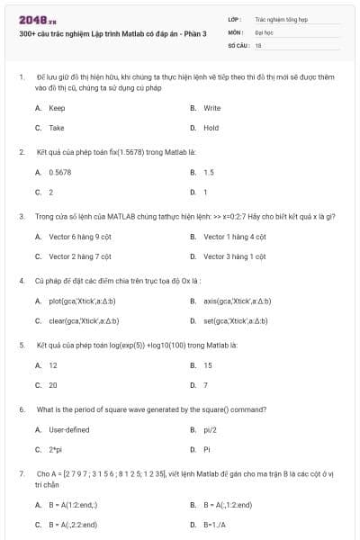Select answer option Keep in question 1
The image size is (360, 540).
click(x=57, y=108)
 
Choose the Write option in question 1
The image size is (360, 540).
click(x=211, y=108)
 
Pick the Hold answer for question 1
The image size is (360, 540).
click(x=211, y=128)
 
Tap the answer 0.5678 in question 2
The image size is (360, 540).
click(x=60, y=172)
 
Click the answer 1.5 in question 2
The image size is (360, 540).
click(x=208, y=172)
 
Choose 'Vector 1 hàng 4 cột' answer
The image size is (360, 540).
click(x=234, y=237)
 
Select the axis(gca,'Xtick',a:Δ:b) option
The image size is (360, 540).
click(x=237, y=301)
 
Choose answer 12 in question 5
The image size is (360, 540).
click(x=53, y=365)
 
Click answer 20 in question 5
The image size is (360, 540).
click(x=53, y=385)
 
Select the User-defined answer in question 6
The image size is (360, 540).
click(x=69, y=430)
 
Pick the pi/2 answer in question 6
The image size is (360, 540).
click(x=211, y=430)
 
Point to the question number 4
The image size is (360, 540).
click(x=21, y=280)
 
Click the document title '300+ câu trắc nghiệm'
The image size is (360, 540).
click(x=112, y=33)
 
